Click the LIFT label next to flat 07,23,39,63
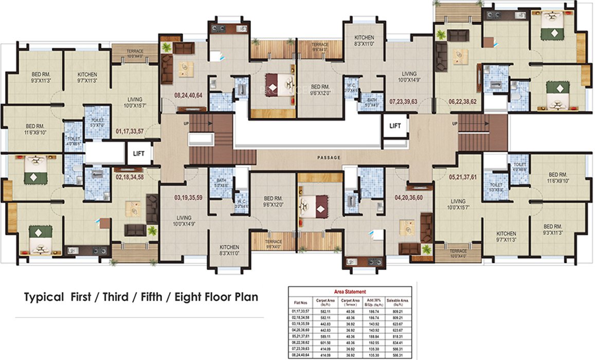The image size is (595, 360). tap(395, 125)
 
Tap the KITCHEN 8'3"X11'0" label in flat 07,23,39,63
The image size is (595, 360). tap(364, 41)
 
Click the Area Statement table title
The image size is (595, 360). tap(350, 292)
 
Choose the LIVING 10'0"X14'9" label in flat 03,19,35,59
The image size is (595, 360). tap(183, 220)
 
